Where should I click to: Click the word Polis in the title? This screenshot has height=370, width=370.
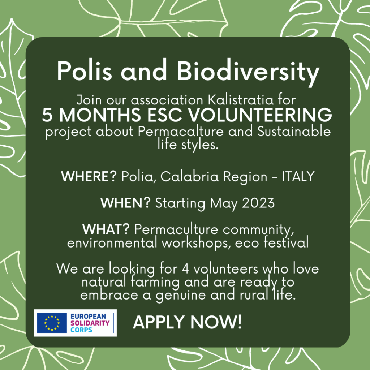85,70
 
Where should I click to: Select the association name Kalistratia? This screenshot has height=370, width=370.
241,100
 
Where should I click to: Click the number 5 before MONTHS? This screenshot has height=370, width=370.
47,115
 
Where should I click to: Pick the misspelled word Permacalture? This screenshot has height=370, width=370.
181,132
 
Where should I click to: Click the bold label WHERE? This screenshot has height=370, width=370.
89,176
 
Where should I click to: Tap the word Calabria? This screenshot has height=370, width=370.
189,176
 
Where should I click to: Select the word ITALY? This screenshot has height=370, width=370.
298,176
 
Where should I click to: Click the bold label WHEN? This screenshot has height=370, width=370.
125,203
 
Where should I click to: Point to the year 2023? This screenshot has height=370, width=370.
258,203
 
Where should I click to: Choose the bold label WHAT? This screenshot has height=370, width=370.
106,229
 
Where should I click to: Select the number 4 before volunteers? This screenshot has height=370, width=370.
185,269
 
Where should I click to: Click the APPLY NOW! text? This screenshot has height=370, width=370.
188,322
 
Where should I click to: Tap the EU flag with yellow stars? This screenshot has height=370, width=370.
52,323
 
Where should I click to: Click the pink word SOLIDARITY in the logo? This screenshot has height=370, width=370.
90,323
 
